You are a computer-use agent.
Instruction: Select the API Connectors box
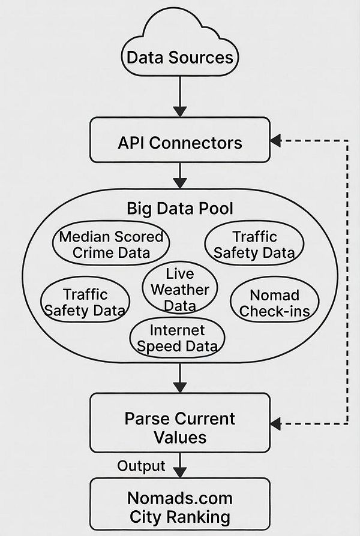tap(179, 143)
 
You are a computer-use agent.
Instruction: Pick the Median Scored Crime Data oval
tap(111, 244)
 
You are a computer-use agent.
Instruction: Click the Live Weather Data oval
tap(179, 290)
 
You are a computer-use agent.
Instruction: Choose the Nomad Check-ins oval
tap(274, 303)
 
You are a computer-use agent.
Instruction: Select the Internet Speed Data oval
tap(177, 338)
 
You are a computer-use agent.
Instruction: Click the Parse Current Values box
tap(179, 427)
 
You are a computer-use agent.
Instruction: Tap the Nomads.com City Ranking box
tap(179, 507)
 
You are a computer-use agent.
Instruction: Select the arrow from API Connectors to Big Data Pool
tap(179, 176)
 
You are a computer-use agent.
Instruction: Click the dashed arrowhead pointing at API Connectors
tap(275, 141)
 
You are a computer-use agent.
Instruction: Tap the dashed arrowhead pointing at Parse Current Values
tap(275, 423)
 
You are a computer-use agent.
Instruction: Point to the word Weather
tap(179, 290)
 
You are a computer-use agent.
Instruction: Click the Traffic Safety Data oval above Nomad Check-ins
tap(254, 245)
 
